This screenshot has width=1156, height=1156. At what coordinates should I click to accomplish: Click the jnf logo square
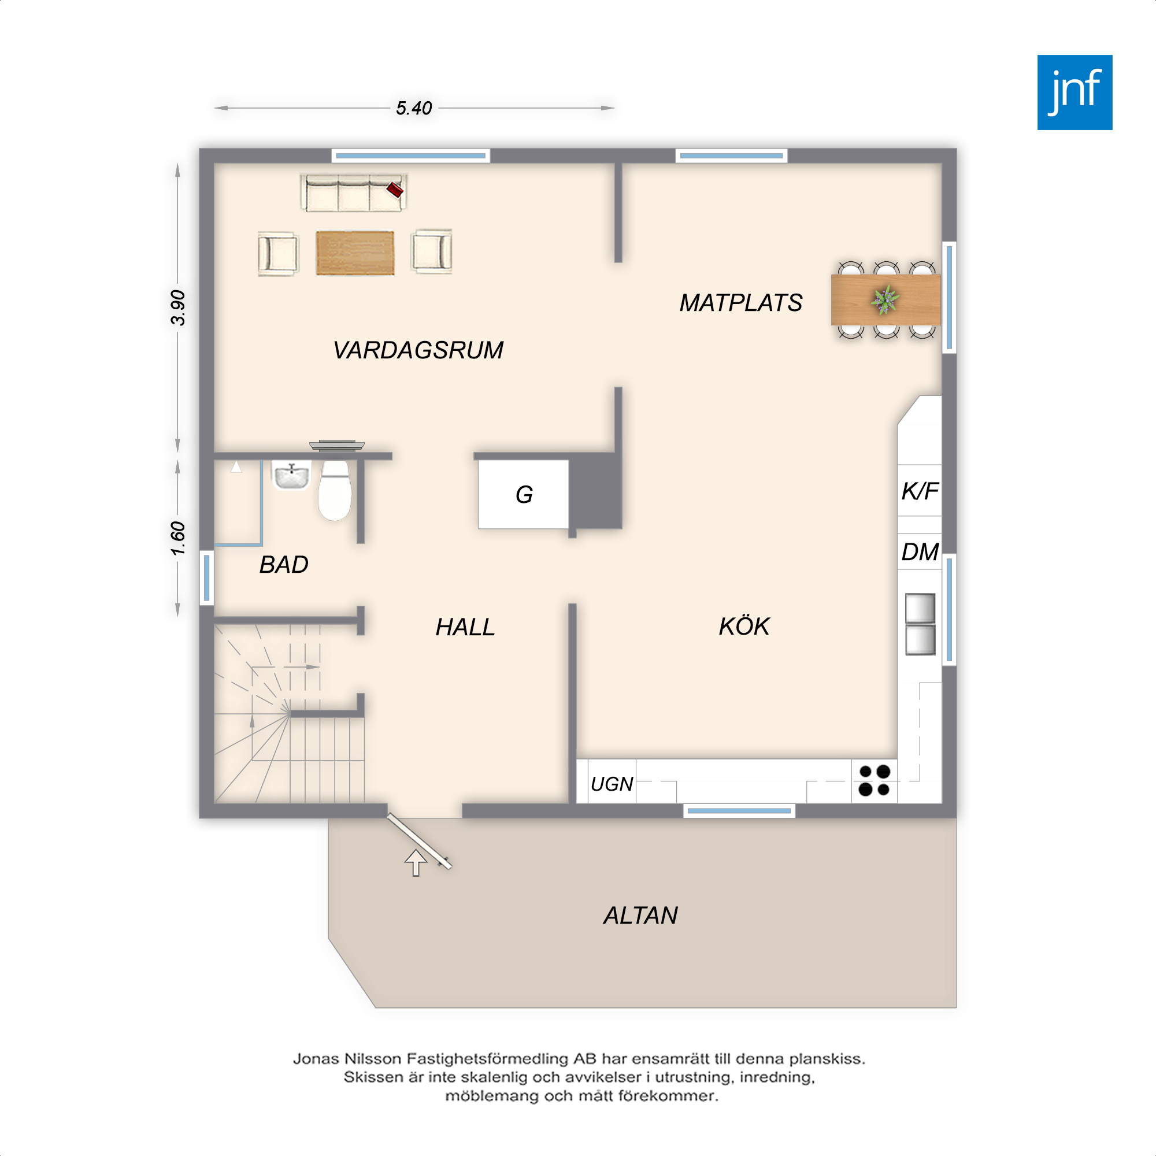coord(1075,92)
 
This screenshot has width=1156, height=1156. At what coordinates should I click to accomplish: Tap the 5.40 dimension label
coord(413,108)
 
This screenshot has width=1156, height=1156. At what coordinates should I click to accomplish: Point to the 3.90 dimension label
coord(177,307)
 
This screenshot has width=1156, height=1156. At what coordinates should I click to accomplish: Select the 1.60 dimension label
coord(177,539)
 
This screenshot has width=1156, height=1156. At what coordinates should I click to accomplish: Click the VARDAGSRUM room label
coord(418,350)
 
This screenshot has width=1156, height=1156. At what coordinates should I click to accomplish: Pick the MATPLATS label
coord(741,303)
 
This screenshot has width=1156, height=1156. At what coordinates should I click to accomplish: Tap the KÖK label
coord(744,626)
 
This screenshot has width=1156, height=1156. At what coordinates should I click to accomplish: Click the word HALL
coord(465,627)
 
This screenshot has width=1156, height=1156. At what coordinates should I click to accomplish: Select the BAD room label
coord(284,565)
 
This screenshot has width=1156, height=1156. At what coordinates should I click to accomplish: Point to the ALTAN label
coord(640,916)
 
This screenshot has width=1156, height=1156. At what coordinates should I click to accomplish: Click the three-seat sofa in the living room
coord(354,192)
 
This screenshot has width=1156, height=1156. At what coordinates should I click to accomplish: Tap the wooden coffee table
coord(355,253)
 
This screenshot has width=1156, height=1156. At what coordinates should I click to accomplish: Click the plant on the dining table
coord(885,299)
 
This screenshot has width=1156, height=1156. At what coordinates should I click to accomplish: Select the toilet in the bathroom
coord(335,490)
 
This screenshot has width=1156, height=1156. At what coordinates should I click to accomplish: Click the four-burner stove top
coord(874,781)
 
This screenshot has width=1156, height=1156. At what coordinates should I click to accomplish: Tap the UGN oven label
coord(612,784)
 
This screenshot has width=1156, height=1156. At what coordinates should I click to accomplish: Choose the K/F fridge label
coord(920,491)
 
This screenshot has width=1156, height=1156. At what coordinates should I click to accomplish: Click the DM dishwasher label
coord(920,551)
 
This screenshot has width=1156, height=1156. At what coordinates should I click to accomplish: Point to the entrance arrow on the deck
coord(416,863)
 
